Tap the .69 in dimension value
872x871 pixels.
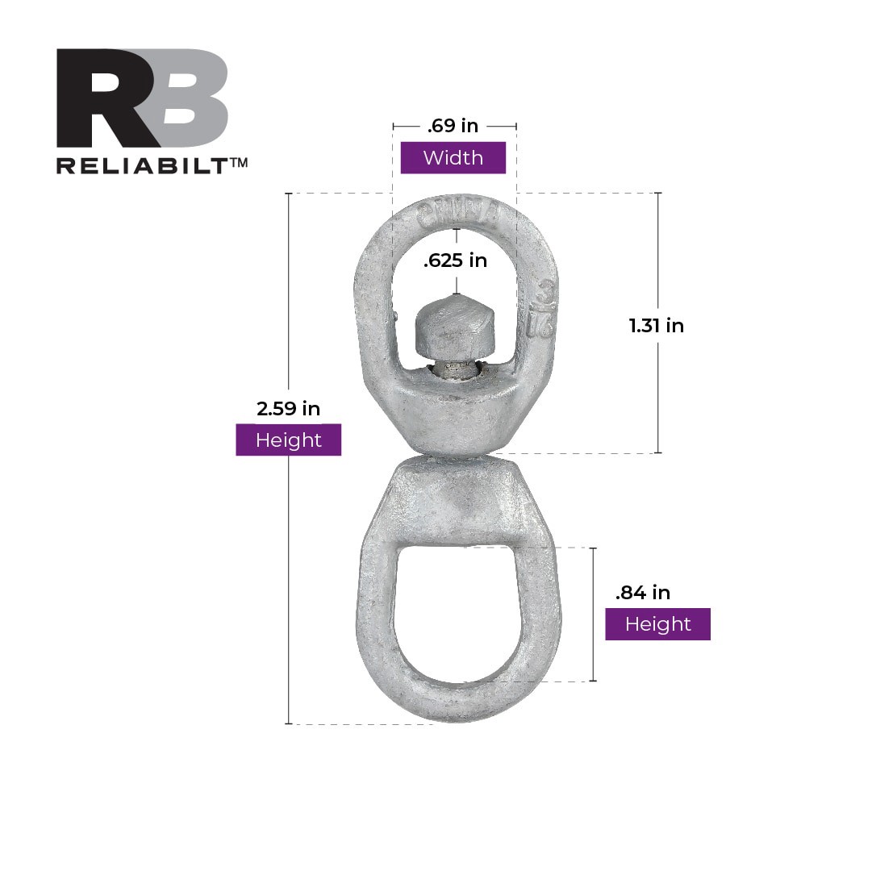click(453, 125)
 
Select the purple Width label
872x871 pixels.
click(453, 158)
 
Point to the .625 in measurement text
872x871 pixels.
click(456, 260)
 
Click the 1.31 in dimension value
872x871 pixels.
click(657, 326)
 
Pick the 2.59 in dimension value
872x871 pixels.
click(288, 409)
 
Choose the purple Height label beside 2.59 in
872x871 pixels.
click(288, 440)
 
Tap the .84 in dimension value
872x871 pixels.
click(643, 593)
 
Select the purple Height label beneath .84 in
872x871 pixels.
click(657, 624)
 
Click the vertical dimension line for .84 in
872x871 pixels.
click(594, 645)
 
